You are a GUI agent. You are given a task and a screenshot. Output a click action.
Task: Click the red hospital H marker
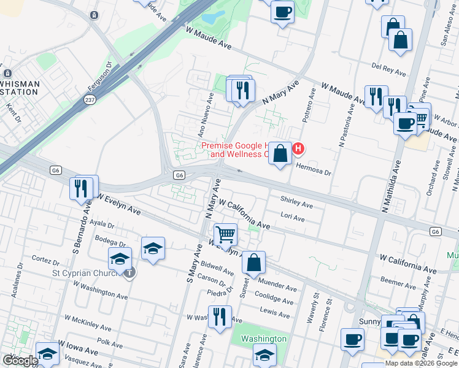coord(299,148)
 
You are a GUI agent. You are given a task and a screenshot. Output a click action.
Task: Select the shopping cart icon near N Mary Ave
coord(226,234)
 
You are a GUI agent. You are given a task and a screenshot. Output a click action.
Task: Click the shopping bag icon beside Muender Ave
coord(253,263)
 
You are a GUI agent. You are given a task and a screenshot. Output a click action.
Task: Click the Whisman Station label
coord(20,88)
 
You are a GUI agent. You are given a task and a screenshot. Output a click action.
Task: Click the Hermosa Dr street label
coord(314,169)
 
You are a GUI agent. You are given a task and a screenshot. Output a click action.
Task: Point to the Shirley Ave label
coord(296,202)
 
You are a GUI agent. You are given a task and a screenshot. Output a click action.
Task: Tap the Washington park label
coord(263,339)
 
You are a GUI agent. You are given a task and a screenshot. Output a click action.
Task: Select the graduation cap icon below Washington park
coord(264,355)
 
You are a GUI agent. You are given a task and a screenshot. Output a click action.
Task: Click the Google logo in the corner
coord(20,360)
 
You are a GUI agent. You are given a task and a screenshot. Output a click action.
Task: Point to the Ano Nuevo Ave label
coord(206,113)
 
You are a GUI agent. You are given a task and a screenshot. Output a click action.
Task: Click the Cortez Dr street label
coord(44,259)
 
